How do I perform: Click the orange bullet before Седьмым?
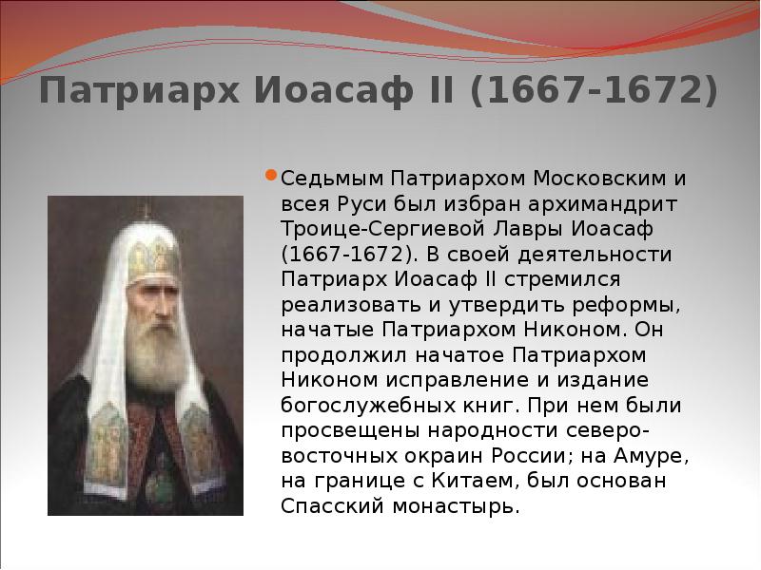coord(271,176)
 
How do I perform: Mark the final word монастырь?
coord(455,505)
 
